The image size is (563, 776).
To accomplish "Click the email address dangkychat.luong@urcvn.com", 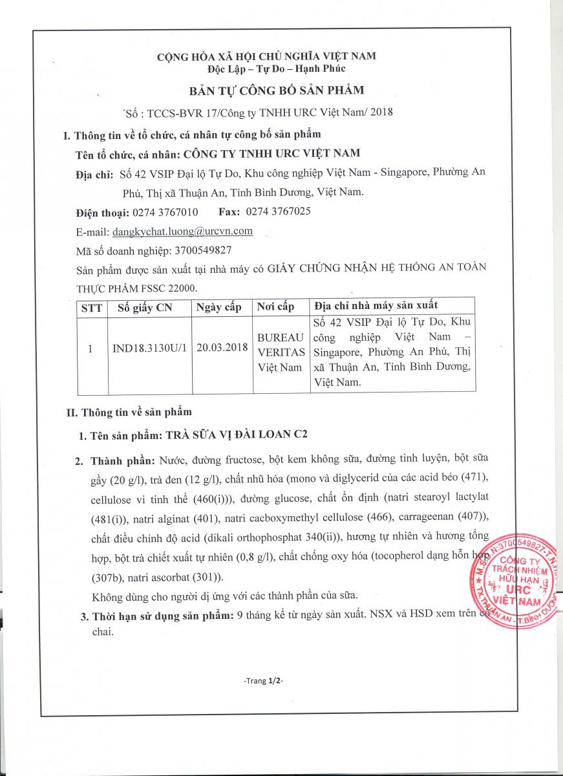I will tap(182, 231).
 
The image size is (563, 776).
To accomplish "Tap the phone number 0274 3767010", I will tap(165, 212).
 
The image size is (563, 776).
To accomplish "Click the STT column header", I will tap(91, 308).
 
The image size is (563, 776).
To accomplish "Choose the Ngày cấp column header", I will tap(219, 308).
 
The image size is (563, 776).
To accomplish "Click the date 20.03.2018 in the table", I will tap(222, 348).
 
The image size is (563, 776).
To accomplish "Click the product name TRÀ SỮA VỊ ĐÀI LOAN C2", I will tap(237, 435).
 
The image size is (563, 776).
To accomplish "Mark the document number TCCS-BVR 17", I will tap(180, 111).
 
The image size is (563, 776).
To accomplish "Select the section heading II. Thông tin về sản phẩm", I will tap(129, 411).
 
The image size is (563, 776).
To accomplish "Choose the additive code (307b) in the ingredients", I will tap(111, 577).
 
